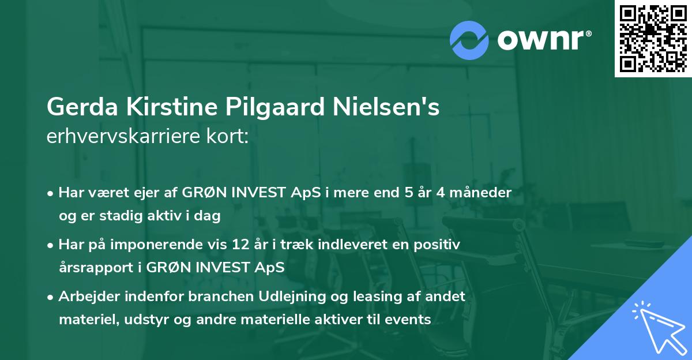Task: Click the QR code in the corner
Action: click(x=653, y=38)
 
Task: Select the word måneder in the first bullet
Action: click(x=483, y=193)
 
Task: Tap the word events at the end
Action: click(x=411, y=320)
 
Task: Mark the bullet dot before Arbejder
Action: click(x=51, y=297)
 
